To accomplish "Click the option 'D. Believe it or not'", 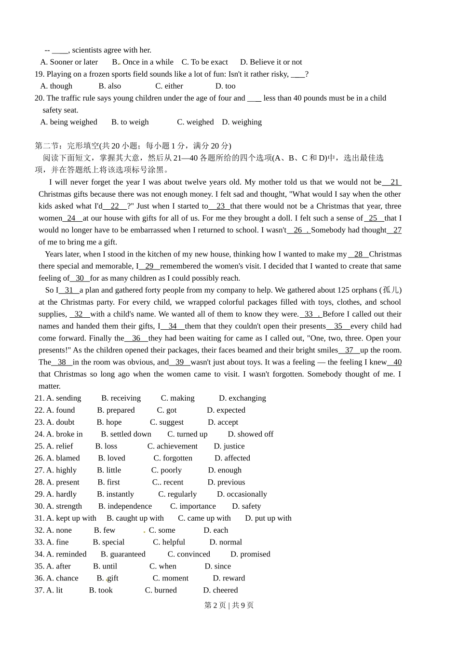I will tap(271, 62).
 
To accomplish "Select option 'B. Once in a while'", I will tap(143, 62).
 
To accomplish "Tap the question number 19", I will tap(39, 74).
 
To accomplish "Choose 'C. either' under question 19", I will tap(169, 86).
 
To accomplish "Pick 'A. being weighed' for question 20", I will tap(69, 122).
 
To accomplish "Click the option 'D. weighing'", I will tap(242, 122).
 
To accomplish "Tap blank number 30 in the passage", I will tap(80, 278).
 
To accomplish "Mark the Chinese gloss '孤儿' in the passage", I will tap(390, 290).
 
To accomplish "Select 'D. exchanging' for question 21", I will tap(242, 398).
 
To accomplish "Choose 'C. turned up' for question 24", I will tap(187, 434).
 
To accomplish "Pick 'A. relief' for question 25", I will tap(59, 446).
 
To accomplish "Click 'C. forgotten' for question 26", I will tap(173, 459).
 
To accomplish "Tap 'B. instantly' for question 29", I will tap(115, 494).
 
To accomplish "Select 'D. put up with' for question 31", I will tap(268, 518).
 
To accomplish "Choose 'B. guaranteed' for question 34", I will tap(123, 554).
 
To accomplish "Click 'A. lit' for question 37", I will tap(54, 590).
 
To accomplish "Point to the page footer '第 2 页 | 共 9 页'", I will tap(229, 606).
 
